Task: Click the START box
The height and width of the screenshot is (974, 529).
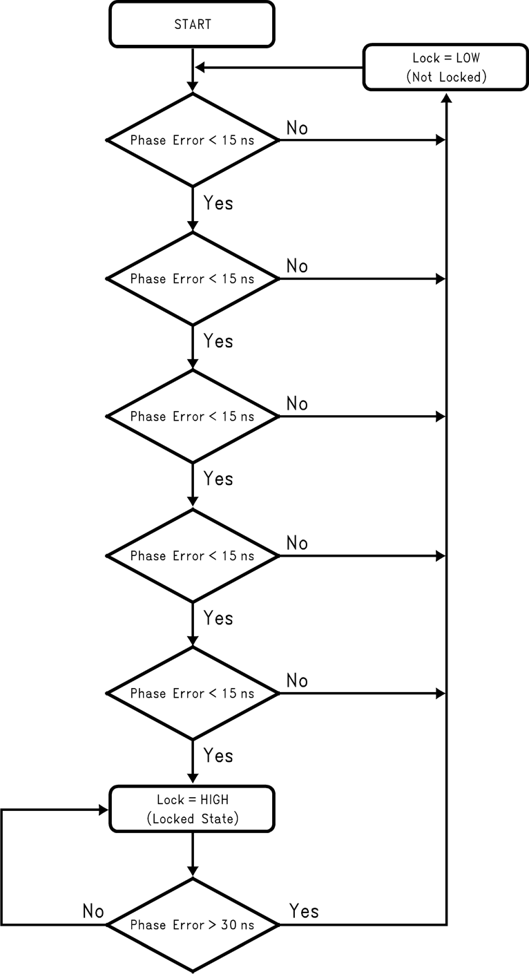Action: coord(192,24)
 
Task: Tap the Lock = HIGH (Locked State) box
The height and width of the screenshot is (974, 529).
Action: coord(192,810)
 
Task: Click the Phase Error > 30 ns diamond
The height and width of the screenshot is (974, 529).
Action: coord(192,924)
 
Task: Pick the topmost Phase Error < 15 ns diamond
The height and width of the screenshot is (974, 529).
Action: coord(192,140)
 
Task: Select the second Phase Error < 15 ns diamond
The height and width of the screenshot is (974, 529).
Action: coord(192,278)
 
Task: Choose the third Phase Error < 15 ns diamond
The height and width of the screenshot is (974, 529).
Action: coord(192,417)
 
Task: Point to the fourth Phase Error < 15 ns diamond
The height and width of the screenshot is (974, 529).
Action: coord(192,555)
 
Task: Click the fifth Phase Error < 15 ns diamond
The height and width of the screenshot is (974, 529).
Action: coord(192,693)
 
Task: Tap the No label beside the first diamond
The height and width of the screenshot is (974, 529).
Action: coord(297,128)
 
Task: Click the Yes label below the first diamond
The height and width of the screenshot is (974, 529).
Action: coord(218,203)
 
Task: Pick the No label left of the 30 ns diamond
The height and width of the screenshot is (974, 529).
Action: coord(93,911)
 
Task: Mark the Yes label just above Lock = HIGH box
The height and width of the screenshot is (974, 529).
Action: coord(218,756)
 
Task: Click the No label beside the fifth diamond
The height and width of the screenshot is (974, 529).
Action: coord(297,680)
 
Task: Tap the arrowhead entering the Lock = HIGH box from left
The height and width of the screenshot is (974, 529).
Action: coord(104,810)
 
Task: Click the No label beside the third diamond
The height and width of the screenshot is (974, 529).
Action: coord(297,403)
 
